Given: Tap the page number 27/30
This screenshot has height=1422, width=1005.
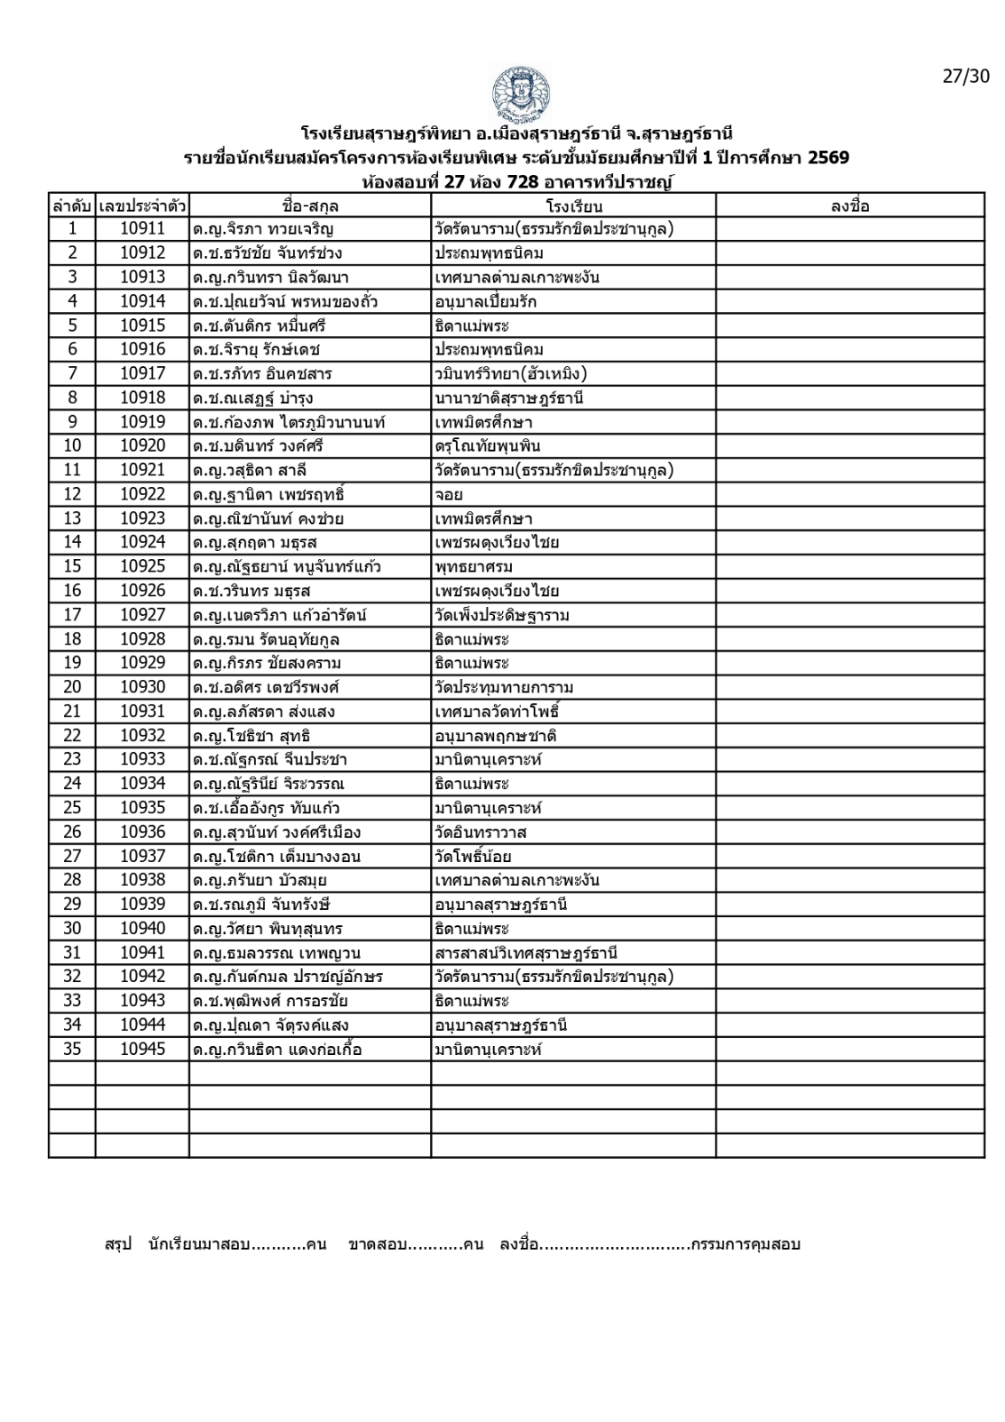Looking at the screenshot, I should (965, 76).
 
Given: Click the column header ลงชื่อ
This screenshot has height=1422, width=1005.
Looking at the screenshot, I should (849, 206).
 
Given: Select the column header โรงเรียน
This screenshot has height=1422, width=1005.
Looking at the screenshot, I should (574, 206).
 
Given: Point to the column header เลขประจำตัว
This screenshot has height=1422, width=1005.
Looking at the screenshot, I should (142, 206).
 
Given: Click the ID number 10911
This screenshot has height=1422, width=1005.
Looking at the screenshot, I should (142, 229).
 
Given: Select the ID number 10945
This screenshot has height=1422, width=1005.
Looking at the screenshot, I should (142, 1050).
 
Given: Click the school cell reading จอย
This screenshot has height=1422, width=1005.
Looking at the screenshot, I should (449, 494).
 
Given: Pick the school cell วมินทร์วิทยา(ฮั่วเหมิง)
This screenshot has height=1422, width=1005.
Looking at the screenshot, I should (511, 374).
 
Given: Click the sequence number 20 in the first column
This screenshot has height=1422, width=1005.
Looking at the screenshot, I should (72, 687).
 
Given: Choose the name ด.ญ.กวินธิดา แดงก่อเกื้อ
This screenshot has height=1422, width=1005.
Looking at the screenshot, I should (277, 1050).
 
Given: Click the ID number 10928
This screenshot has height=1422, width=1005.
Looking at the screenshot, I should (142, 639).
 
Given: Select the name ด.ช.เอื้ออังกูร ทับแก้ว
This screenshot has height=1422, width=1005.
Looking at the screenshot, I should (267, 808).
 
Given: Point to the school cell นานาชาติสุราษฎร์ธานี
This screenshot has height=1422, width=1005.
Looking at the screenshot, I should (509, 398).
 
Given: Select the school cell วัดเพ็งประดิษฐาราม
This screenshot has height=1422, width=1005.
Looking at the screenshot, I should (502, 615).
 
